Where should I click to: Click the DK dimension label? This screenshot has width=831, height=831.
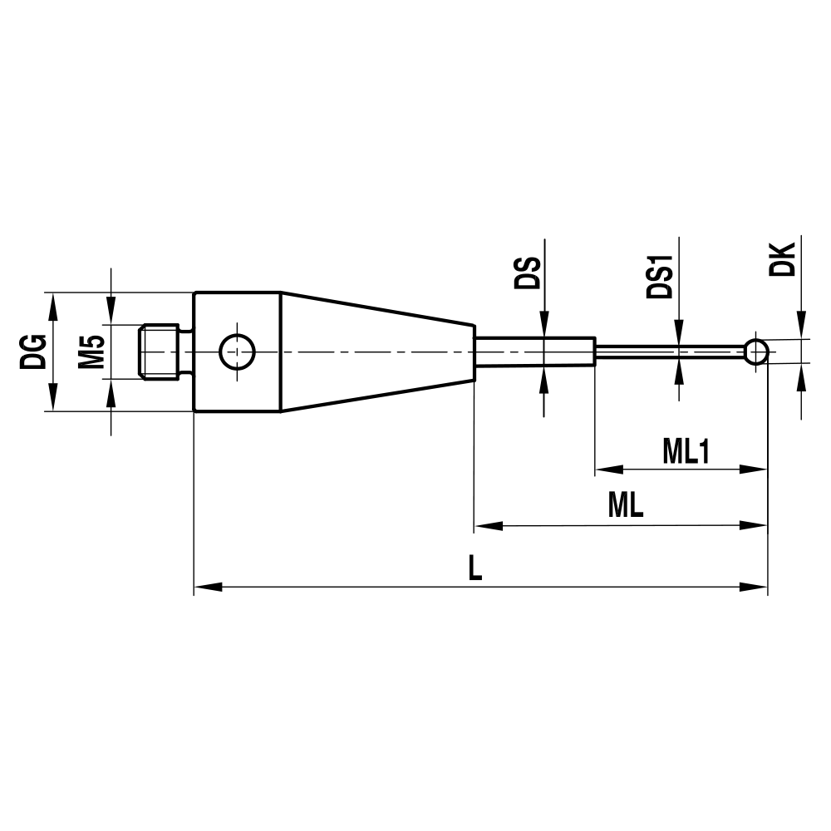click(783, 258)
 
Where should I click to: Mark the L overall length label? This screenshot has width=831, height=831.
click(475, 568)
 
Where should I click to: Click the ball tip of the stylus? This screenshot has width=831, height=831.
click(755, 351)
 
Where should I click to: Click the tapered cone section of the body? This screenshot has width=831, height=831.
click(374, 351)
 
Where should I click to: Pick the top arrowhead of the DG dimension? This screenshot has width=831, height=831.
click(54, 302)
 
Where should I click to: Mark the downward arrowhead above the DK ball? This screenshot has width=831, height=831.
click(801, 327)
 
